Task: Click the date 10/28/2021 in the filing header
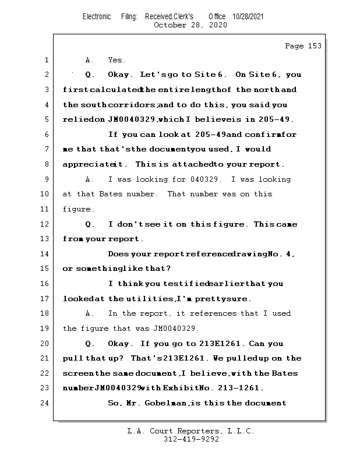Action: pyautogui.click(x=248, y=17)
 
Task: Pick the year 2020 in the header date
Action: pyautogui.click(x=216, y=25)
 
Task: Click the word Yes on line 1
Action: pyautogui.click(x=117, y=60)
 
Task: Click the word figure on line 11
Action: pyautogui.click(x=77, y=209)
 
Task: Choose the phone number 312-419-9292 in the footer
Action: pyautogui.click(x=191, y=440)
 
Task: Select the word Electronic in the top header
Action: pyautogui.click(x=97, y=17)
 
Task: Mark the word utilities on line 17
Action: pyautogui.click(x=150, y=299)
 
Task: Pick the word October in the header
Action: pyautogui.click(x=171, y=25)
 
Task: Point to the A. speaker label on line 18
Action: pyautogui.click(x=89, y=314)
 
